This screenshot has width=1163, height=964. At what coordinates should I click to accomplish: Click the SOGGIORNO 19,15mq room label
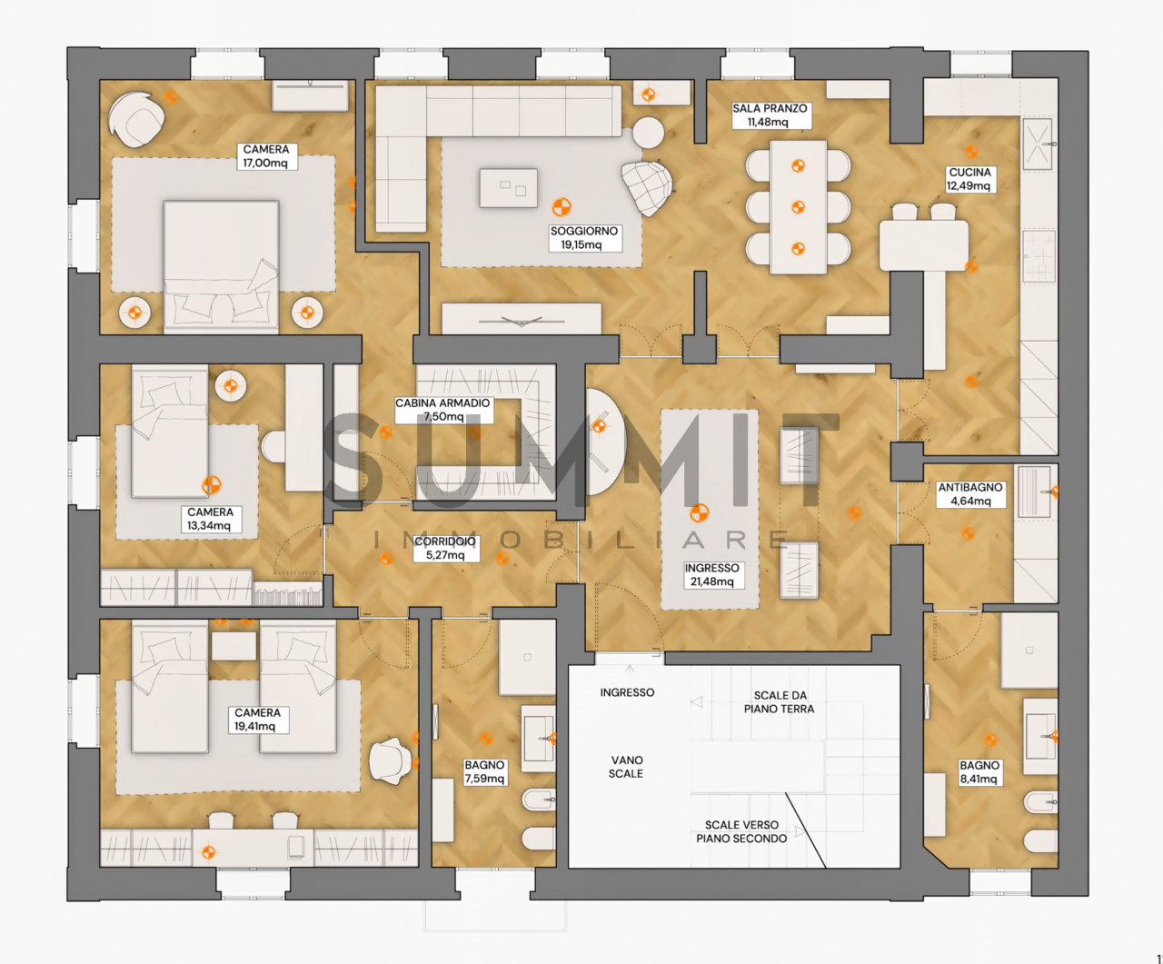(x=584, y=238)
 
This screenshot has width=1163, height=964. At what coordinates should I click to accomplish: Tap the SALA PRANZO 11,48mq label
(x=770, y=115)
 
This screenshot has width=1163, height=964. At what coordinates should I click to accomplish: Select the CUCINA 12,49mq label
(x=969, y=179)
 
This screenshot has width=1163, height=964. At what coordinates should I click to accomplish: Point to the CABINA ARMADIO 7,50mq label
(x=442, y=410)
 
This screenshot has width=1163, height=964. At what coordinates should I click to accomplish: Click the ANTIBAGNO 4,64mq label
(x=970, y=494)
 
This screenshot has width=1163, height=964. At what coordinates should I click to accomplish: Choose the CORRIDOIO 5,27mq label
(x=445, y=548)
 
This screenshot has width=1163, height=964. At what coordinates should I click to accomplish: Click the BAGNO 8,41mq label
(x=979, y=772)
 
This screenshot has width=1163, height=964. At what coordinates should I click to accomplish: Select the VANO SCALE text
(x=626, y=766)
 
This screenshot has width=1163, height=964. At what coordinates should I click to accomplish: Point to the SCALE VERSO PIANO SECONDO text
(x=741, y=831)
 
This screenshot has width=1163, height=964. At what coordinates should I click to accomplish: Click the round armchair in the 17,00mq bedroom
(x=136, y=120)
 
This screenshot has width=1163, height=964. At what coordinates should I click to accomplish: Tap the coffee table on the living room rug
(x=509, y=188)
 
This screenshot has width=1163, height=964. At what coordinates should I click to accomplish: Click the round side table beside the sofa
(x=649, y=133)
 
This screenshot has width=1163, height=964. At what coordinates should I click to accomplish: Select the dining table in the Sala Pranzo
(x=798, y=207)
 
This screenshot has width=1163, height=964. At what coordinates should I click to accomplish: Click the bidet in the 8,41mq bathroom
(x=1041, y=802)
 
